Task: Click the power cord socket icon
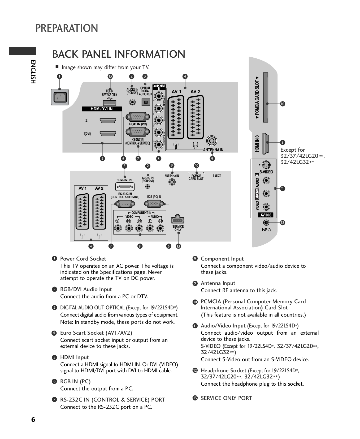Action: (x=60, y=97)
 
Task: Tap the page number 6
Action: (x=33, y=419)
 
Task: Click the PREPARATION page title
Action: (x=67, y=28)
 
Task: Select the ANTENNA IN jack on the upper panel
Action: (x=211, y=141)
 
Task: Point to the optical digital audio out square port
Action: (x=146, y=102)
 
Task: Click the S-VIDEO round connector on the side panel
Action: (x=266, y=165)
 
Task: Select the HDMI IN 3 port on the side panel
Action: (x=266, y=143)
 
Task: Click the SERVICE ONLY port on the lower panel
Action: (x=177, y=220)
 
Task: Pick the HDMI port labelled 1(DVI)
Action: (x=108, y=133)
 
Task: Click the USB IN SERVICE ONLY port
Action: (x=109, y=103)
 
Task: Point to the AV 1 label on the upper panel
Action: (x=176, y=92)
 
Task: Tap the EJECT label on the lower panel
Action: (x=217, y=176)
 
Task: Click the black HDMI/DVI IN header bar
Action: (x=102, y=109)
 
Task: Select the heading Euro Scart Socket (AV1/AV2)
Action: (x=96, y=333)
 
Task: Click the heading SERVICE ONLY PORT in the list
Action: (x=226, y=398)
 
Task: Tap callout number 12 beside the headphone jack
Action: (x=283, y=223)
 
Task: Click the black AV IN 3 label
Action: (x=266, y=215)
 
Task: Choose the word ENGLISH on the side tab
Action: (x=33, y=72)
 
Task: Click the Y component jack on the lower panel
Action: (x=118, y=228)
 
